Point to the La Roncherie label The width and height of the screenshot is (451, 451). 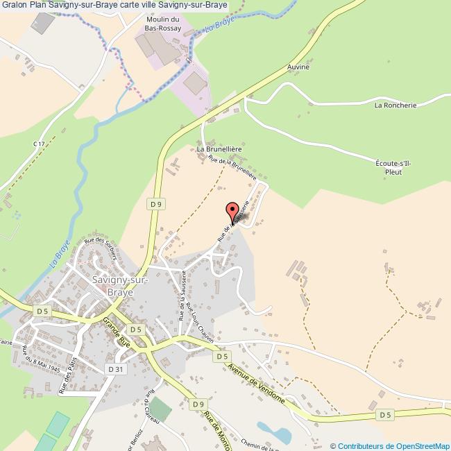pyautogui.click(x=395, y=105)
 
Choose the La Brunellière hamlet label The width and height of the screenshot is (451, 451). pyautogui.click(x=219, y=148)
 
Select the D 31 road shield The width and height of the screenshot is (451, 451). pyautogui.click(x=115, y=369)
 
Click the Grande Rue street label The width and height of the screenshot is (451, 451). pyautogui.click(x=116, y=332)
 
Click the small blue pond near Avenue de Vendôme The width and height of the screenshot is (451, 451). pyautogui.click(x=274, y=432)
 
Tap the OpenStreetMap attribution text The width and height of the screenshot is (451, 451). pyautogui.click(x=391, y=445)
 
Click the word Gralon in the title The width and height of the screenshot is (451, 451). pyautogui.click(x=14, y=6)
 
